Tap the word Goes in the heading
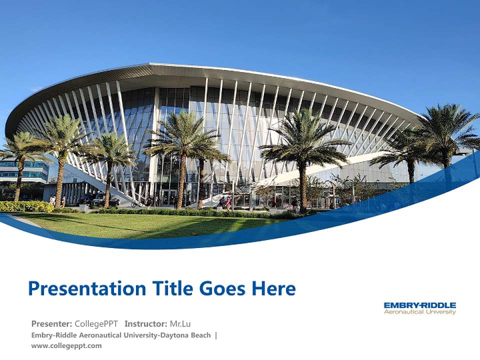click(222, 288)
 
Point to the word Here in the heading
click(273, 288)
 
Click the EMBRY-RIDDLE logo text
click(419, 305)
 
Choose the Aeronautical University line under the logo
click(419, 312)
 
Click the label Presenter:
click(51, 323)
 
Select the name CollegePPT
click(96, 323)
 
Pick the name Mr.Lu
click(180, 323)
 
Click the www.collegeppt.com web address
click(66, 345)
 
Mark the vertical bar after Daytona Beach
click(216, 335)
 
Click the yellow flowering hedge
click(25, 206)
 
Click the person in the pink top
click(228, 201)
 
